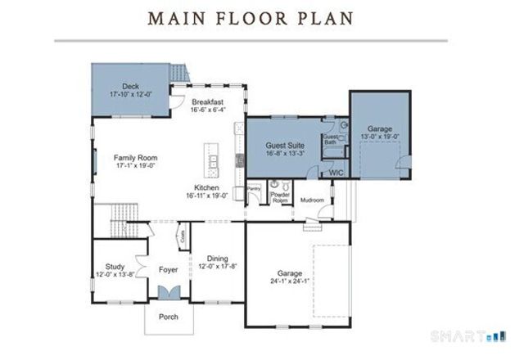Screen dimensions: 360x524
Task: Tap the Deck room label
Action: click(x=130, y=86)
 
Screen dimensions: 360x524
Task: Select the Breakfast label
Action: click(x=208, y=101)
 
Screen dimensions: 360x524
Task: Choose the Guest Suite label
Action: click(x=286, y=145)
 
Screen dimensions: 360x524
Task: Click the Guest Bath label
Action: click(x=331, y=139)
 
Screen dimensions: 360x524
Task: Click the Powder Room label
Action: click(x=280, y=196)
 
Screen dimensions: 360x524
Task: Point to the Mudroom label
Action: click(x=312, y=200)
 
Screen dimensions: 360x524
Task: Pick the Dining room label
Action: click(x=217, y=259)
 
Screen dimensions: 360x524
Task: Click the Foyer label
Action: click(x=169, y=269)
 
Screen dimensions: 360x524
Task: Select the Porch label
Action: click(x=169, y=317)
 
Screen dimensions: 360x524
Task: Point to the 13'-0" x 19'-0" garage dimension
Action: click(x=379, y=137)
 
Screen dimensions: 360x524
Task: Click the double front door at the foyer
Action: click(x=169, y=294)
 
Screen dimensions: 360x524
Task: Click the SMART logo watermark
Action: click(x=479, y=335)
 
